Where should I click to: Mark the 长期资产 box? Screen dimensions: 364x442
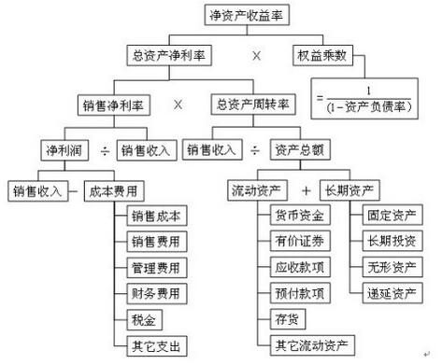click(x=349, y=190)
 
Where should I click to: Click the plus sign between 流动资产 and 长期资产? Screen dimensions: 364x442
click(x=307, y=190)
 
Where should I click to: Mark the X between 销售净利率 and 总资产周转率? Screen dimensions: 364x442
click(x=178, y=103)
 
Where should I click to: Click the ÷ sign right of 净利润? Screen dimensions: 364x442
click(x=102, y=148)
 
